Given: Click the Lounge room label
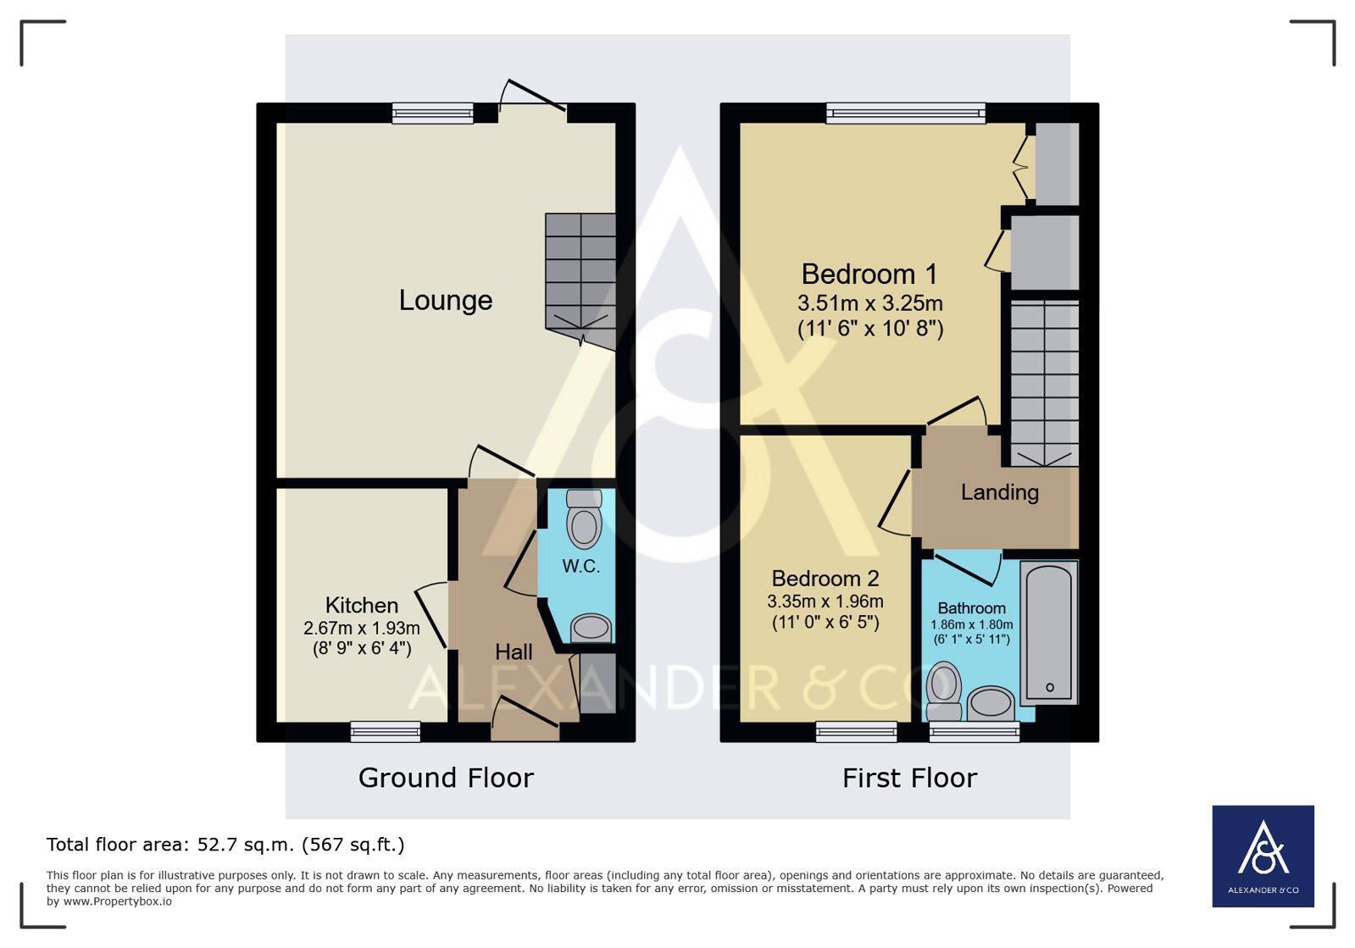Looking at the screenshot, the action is point(446,301).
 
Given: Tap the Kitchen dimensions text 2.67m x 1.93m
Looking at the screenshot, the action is point(362,628).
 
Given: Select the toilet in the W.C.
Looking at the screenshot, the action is point(584,518).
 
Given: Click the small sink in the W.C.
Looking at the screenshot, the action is point(591,628).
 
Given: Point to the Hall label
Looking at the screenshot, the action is point(514,651).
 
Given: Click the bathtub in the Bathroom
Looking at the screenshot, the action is point(1049,632).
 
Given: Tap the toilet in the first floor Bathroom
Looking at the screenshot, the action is point(944,691).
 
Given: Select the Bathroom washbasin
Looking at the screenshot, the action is point(991,704).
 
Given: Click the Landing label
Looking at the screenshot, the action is point(1000,492).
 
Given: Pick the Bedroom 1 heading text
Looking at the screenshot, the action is point(869,274).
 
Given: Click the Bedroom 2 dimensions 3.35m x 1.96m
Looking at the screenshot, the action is point(825,602).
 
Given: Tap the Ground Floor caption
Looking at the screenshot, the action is point(446,778).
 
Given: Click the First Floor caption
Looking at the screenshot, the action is point(910,778).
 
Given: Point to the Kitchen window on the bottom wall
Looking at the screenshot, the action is point(386,732).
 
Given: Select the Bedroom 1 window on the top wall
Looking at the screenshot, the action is point(906,113).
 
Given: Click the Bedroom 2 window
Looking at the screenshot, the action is point(856,732).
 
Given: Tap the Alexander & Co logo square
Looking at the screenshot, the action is point(1263,857).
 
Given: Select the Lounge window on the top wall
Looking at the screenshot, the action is point(432,113).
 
